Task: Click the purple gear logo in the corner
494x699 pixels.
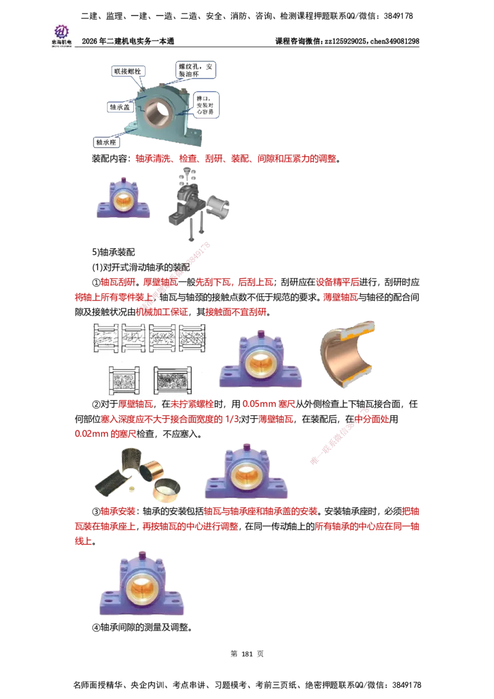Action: coord(61,31)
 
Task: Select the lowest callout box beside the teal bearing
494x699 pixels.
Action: coord(106,141)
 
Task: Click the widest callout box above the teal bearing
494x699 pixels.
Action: coord(195,70)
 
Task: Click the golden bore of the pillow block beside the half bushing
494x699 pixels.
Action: coord(259,364)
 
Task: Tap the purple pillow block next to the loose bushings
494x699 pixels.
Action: coord(246,469)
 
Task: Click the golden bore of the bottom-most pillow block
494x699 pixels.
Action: coord(143,589)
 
